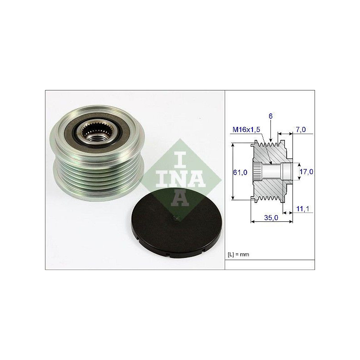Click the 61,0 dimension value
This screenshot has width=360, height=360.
pos(240,172)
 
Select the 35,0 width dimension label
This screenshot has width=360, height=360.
pos(271,217)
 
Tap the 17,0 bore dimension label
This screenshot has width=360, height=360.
pos(306,171)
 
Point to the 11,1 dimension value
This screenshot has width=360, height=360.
pos(303,209)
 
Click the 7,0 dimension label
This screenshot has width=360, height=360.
pos(301,130)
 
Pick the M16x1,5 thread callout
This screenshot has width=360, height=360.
pos(246,130)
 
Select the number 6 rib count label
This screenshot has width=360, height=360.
pos(270,116)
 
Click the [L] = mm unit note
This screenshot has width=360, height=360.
pos(238,254)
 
